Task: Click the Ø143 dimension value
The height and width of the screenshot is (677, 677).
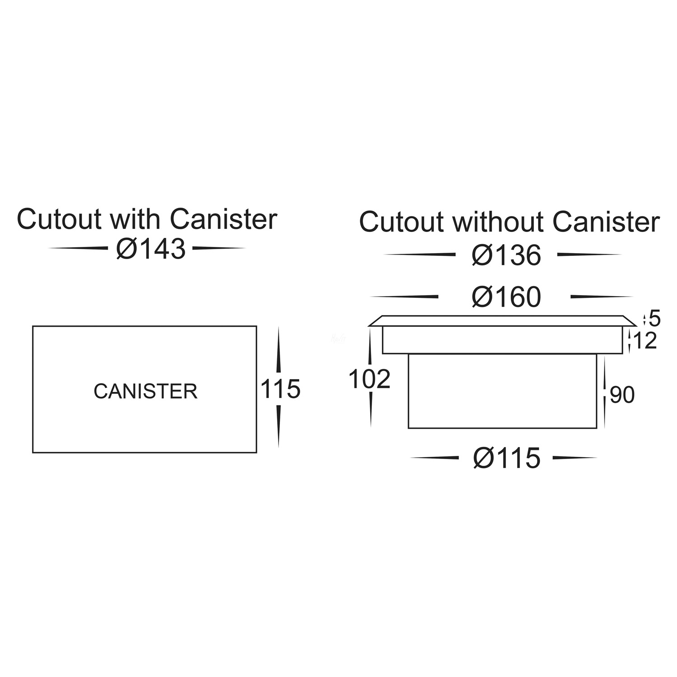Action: pyautogui.click(x=151, y=249)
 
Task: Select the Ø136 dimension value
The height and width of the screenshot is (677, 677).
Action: pyautogui.click(x=506, y=255)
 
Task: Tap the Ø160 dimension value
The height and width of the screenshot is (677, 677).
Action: pyautogui.click(x=506, y=297)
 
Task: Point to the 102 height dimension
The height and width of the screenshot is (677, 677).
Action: pyautogui.click(x=369, y=380)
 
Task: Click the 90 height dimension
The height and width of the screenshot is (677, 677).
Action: pyautogui.click(x=622, y=395)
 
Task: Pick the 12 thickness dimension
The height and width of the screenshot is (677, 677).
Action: pyautogui.click(x=645, y=341)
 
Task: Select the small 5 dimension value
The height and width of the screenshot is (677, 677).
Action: pyautogui.click(x=654, y=319)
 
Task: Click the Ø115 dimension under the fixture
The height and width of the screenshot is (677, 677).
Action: pyautogui.click(x=506, y=459)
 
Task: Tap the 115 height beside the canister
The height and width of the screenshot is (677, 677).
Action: pyautogui.click(x=280, y=389)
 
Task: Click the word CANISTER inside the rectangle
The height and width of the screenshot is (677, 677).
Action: pyautogui.click(x=145, y=391)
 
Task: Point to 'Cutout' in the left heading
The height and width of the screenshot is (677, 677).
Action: pyautogui.click(x=59, y=219)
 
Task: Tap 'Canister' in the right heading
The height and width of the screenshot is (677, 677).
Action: pyautogui.click(x=606, y=222)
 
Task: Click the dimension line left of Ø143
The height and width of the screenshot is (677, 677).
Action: pyautogui.click(x=78, y=248)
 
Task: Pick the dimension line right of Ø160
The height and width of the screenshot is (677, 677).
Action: pyautogui.click(x=601, y=297)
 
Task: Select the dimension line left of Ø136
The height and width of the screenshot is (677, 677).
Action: pyautogui.click(x=419, y=255)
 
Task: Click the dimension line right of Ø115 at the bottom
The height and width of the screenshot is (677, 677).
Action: pyautogui.click(x=575, y=458)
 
